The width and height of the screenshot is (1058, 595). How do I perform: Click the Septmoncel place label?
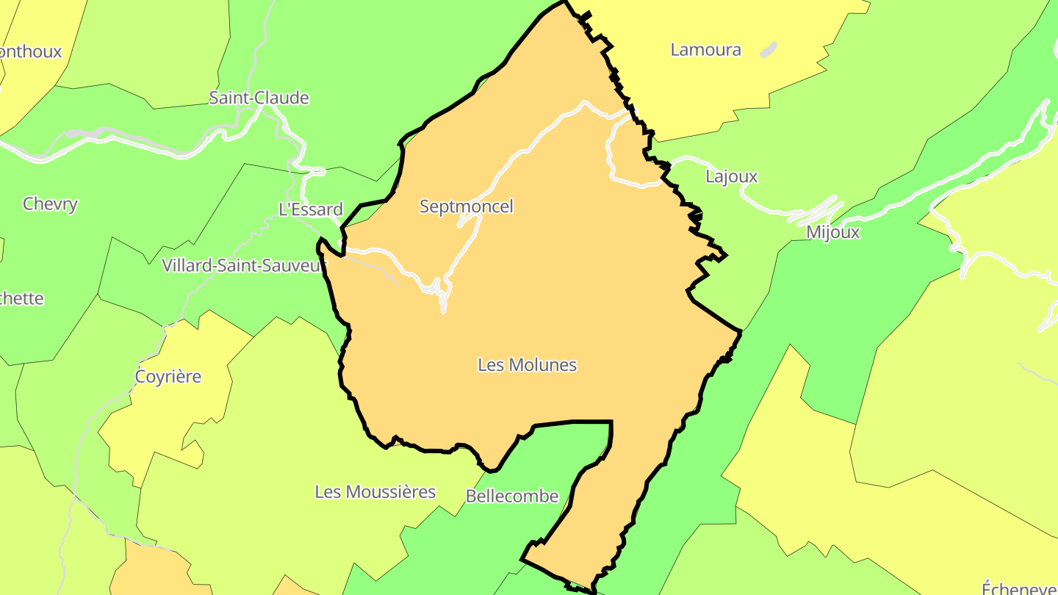click(x=466, y=206)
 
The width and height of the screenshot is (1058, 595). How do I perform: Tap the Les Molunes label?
click(x=527, y=364)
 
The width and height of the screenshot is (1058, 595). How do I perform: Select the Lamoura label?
click(x=705, y=50)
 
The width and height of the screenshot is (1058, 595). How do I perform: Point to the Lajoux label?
click(x=731, y=176)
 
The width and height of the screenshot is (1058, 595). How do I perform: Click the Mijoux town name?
click(x=832, y=232)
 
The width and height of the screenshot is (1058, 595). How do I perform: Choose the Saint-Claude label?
click(x=259, y=98)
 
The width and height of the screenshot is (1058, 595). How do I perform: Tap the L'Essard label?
click(x=310, y=209)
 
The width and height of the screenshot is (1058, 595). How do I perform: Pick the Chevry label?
click(x=50, y=203)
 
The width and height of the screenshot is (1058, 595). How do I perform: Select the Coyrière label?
click(x=168, y=377)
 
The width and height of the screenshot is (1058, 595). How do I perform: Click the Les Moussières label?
click(x=375, y=491)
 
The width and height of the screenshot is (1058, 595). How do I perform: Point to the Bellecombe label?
click(x=512, y=497)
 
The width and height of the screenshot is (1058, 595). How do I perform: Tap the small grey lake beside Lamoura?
click(x=768, y=50)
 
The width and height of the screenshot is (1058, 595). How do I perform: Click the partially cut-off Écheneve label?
click(x=1020, y=587)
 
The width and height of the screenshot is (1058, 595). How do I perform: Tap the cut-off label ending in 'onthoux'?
click(x=31, y=51)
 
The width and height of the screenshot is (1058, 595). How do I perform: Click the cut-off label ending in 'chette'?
click(x=22, y=298)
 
